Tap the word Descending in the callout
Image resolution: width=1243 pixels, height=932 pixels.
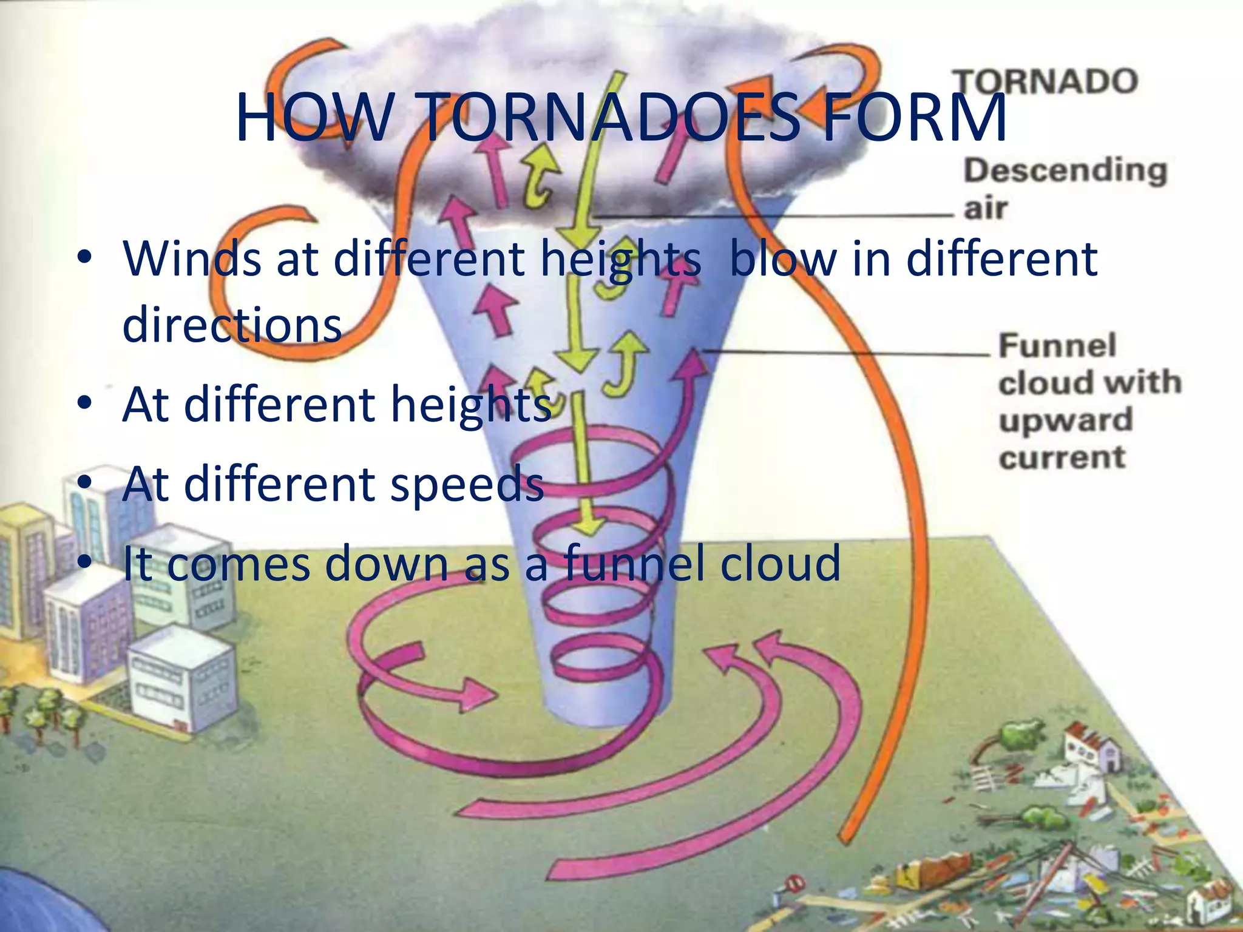1065,171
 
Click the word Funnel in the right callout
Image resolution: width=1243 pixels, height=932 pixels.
1057,346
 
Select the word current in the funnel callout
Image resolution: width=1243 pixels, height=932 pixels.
1062,458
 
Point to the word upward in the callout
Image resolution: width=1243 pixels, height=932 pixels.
1066,420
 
